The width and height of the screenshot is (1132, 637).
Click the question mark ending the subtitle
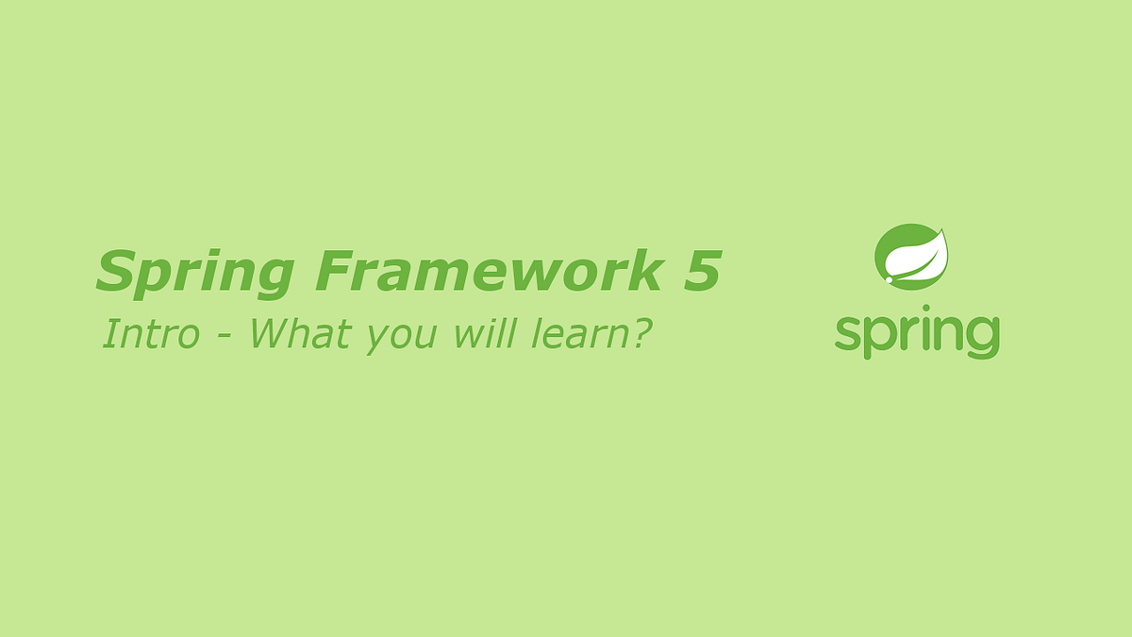click(x=641, y=334)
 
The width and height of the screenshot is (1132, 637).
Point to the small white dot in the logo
click(x=889, y=279)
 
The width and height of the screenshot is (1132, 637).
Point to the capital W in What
click(x=272, y=334)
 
